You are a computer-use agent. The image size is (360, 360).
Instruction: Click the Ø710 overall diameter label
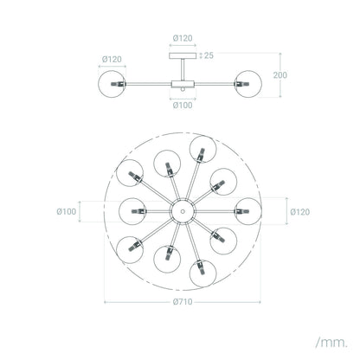pyautogui.click(x=183, y=302)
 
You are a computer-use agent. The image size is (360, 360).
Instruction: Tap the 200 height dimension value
pyautogui.click(x=280, y=75)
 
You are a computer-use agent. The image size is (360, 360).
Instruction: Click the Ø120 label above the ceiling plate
pyautogui.click(x=183, y=38)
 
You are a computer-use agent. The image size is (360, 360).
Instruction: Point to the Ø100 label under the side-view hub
pyautogui.click(x=183, y=106)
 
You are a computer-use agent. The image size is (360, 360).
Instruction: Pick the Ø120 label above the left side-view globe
pyautogui.click(x=112, y=60)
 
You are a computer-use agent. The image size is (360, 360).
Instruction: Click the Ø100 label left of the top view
pyautogui.click(x=67, y=211)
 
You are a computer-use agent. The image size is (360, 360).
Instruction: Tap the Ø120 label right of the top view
pyautogui.click(x=300, y=212)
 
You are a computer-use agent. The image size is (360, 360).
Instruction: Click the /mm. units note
pyautogui.click(x=331, y=343)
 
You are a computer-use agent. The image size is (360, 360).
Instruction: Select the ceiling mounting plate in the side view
pyautogui.click(x=183, y=55)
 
